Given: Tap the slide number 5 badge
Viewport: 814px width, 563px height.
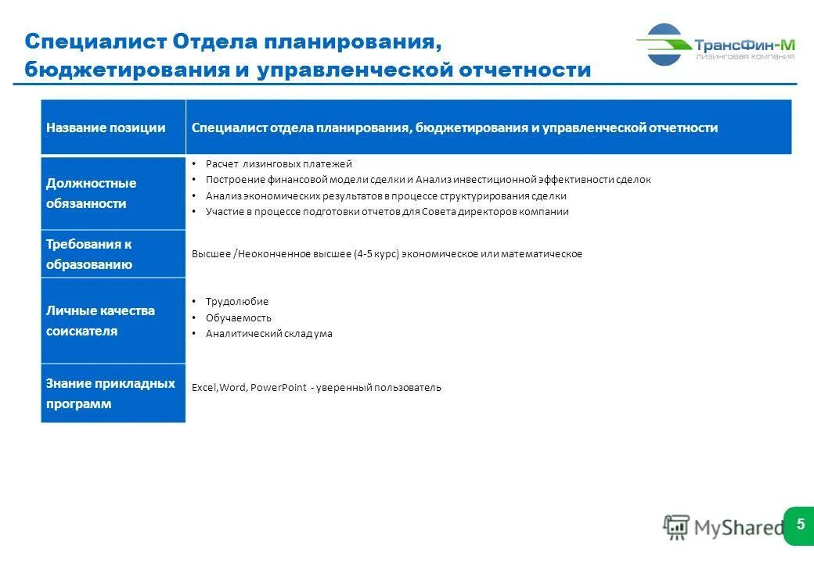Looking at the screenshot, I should point(800,524).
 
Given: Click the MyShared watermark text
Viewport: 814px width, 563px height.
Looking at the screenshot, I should point(736,528).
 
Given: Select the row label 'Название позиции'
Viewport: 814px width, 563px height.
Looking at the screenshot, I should point(106,127).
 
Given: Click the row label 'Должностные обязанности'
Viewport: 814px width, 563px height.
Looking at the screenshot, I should point(91,193).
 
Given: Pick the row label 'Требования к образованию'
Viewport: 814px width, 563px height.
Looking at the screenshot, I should point(88,254).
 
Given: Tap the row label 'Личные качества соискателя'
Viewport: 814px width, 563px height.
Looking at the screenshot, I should point(88,321).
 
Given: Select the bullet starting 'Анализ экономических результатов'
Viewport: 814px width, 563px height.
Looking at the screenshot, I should point(386,195).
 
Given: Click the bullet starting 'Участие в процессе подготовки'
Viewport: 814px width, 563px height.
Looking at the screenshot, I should point(387,211).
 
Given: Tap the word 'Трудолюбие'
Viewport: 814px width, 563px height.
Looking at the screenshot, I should point(236,301).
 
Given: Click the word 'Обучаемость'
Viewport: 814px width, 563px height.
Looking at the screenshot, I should point(238,317).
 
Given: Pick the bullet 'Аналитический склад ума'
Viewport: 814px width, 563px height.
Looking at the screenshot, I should point(268,333).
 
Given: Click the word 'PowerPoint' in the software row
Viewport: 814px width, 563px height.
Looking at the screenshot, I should point(278,387).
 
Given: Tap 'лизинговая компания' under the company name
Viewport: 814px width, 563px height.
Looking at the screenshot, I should point(744,56).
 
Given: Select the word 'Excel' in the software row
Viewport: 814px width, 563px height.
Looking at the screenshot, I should point(203,387).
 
